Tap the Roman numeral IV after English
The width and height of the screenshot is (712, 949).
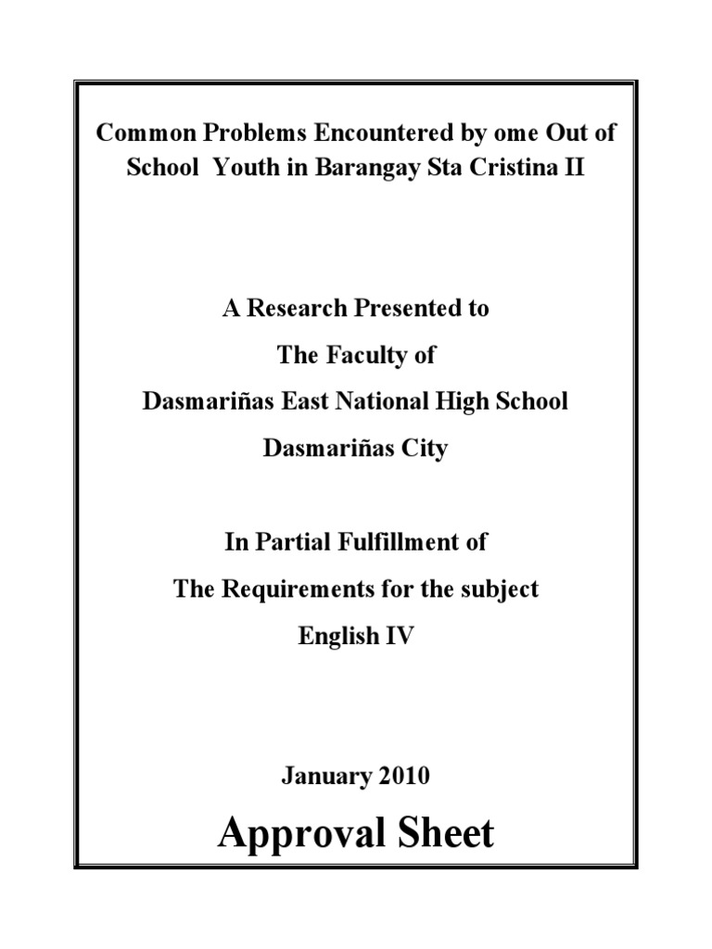pyautogui.click(x=399, y=637)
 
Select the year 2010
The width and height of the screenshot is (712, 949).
pyautogui.click(x=402, y=777)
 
